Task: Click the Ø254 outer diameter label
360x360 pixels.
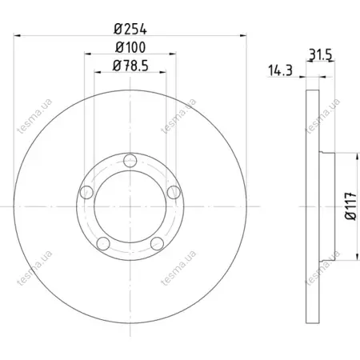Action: [x=130, y=29]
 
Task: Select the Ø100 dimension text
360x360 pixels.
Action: [x=130, y=47]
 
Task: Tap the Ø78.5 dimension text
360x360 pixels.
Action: [x=130, y=66]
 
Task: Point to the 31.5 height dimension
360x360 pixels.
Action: [x=320, y=55]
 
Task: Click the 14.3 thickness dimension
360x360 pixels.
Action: [x=280, y=70]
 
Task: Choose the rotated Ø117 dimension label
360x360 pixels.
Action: [x=350, y=206]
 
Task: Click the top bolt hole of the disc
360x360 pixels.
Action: [x=130, y=161]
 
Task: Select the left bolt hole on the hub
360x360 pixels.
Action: [x=86, y=193]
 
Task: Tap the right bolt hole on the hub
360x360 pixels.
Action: [x=174, y=192]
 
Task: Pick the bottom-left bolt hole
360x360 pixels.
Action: [x=103, y=243]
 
